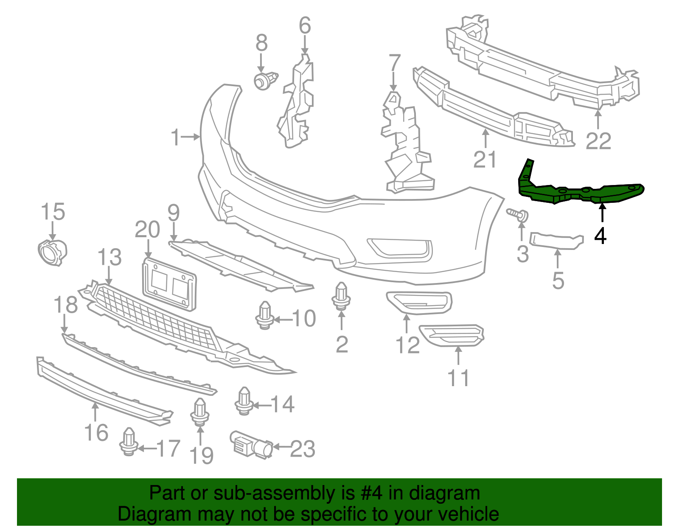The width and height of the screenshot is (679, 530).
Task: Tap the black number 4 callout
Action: click(x=600, y=236)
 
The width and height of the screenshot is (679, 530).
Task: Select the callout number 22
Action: click(x=598, y=141)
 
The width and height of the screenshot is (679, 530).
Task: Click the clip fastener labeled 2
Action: click(x=341, y=296)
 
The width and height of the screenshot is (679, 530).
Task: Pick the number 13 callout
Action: click(x=109, y=258)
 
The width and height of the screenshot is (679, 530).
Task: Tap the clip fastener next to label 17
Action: click(x=129, y=442)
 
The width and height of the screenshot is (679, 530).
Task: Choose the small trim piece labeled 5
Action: click(x=556, y=241)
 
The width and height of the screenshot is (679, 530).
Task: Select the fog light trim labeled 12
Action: click(x=419, y=302)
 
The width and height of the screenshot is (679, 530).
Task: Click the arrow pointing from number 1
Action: click(x=191, y=137)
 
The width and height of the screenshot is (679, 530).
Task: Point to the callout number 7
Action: click(x=395, y=63)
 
